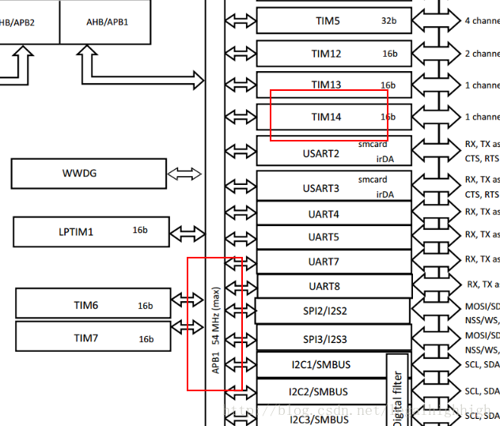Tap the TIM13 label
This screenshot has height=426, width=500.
point(326,85)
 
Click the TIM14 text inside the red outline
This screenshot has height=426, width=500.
point(326,117)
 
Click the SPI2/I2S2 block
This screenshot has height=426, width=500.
point(332,311)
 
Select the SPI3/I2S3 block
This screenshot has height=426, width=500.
point(332,338)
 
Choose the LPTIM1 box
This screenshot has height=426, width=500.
point(91,232)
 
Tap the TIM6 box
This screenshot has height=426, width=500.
point(93,304)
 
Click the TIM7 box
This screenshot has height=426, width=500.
point(93,337)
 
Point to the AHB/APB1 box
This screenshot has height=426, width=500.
point(108,21)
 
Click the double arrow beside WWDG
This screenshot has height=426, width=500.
point(184,173)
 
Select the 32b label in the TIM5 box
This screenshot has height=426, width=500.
point(388,21)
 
